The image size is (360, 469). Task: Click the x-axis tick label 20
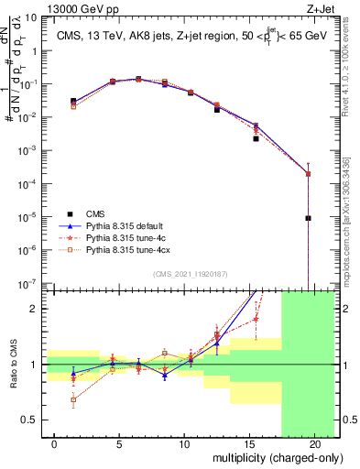coord(314,444)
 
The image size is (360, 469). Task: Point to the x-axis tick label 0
coord(55,444)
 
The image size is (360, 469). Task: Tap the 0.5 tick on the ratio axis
coord(30,420)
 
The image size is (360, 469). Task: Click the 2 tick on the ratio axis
coord(35,309)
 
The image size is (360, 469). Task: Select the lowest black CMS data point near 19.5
coord(308,218)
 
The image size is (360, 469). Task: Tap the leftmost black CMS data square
coord(74,101)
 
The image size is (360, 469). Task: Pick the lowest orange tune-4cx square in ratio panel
coord(74,399)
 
